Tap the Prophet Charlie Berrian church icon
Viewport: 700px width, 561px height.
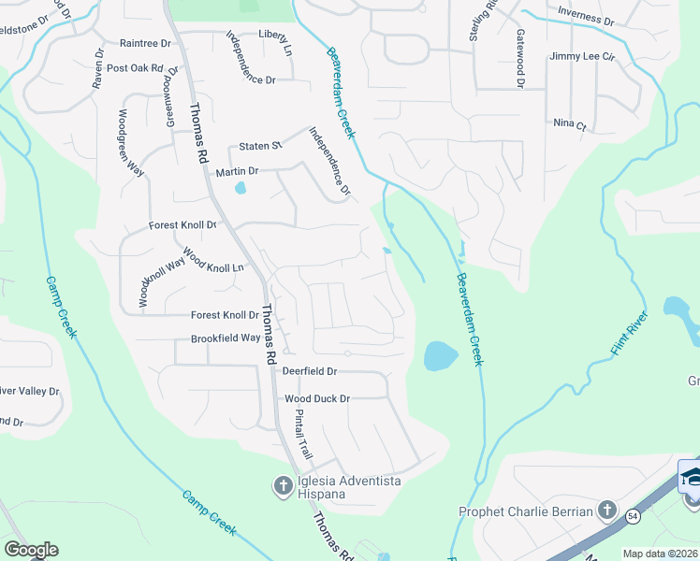pos(607,511)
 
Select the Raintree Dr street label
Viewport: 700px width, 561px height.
pos(146,43)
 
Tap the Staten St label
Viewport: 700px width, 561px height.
pos(260,146)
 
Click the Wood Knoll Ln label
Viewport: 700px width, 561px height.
pos(212,261)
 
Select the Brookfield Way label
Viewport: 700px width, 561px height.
pos(226,338)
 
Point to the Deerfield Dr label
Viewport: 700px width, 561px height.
pos(310,371)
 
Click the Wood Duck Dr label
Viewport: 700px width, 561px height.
pos(317,398)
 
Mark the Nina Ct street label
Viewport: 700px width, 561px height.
pos(569,124)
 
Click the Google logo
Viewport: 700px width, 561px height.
pos(31,550)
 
